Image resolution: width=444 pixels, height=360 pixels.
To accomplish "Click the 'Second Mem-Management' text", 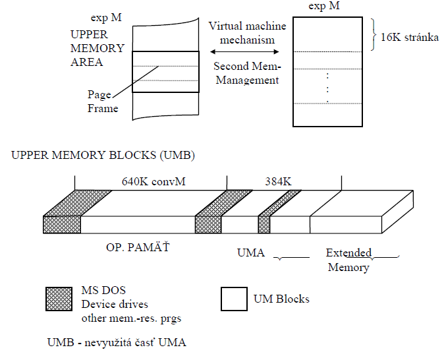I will point(246,73).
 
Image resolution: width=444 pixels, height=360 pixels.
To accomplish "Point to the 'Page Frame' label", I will point(103,101).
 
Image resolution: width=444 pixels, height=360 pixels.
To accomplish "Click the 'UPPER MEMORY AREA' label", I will point(96,48).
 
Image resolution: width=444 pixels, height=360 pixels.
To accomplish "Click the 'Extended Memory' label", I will point(348,260).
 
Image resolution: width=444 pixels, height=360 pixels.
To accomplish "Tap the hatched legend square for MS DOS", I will point(58,299).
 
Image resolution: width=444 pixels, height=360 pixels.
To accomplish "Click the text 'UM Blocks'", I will point(281,299).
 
